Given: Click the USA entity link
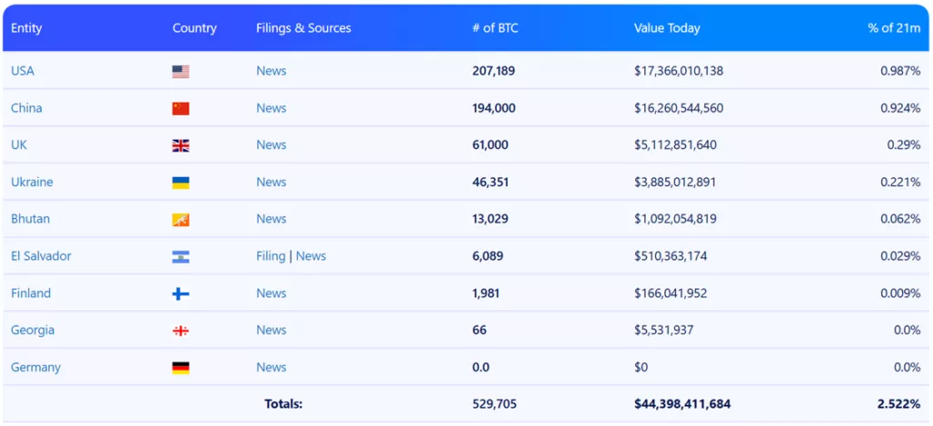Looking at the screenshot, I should click(23, 71).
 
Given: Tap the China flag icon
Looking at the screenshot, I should click(180, 109).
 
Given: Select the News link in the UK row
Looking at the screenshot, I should click(271, 145).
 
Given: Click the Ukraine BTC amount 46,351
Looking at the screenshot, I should click(490, 182).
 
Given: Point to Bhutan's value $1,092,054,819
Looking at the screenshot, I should click(675, 219).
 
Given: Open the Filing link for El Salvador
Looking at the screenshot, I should click(271, 256).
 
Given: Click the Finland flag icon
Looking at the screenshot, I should click(180, 294).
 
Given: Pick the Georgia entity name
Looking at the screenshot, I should click(33, 330).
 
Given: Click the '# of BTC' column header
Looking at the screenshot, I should click(496, 28).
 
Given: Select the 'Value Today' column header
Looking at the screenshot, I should click(667, 28).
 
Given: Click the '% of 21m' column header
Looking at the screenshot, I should click(894, 28).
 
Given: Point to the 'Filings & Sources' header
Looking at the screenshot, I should click(303, 28).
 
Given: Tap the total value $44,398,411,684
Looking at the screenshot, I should click(682, 404).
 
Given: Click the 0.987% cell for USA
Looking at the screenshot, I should click(900, 71).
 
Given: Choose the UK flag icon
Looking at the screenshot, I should click(180, 145).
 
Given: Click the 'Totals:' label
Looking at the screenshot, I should click(283, 404).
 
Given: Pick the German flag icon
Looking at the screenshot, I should click(180, 368).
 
